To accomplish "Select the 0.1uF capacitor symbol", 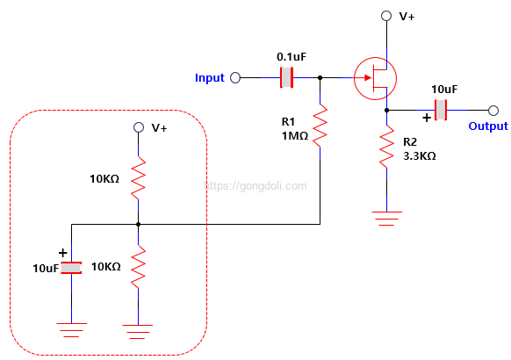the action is pyautogui.click(x=287, y=77).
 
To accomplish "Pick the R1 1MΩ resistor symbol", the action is pyautogui.click(x=320, y=126).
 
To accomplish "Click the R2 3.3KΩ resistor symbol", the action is pyautogui.click(x=387, y=147).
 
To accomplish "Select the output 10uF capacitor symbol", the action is pyautogui.click(x=441, y=110).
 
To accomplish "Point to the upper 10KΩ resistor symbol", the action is pyautogui.click(x=138, y=178).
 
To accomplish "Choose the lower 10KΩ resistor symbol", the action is pyautogui.click(x=138, y=267).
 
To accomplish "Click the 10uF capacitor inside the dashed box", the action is pyautogui.click(x=71, y=268).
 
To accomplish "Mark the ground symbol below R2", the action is pyautogui.click(x=387, y=219).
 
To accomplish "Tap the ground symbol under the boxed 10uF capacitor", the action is pyautogui.click(x=71, y=329).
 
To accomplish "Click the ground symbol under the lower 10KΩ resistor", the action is pyautogui.click(x=138, y=332).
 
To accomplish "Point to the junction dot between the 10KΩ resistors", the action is pyautogui.click(x=138, y=224).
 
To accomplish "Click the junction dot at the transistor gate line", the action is pyautogui.click(x=320, y=77).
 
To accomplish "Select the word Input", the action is pyautogui.click(x=210, y=78).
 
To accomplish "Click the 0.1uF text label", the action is pyautogui.click(x=291, y=57).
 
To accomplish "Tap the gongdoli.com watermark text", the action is pyautogui.click(x=255, y=185).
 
